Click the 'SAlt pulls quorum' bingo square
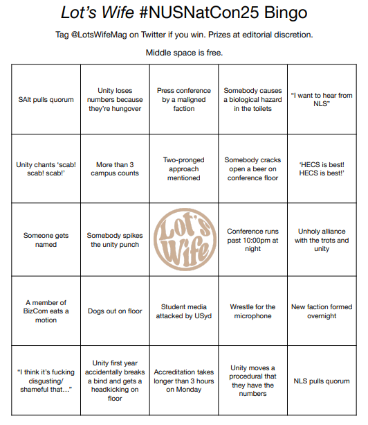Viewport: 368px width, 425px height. (x=47, y=100)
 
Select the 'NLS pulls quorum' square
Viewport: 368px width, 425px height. (x=322, y=381)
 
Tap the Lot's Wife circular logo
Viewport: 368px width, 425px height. (x=184, y=240)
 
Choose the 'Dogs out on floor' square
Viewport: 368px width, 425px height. (x=115, y=311)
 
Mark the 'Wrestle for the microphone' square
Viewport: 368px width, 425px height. (x=252, y=311)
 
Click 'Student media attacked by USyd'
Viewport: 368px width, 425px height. (x=184, y=311)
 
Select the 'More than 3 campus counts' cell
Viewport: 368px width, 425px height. (x=115, y=169)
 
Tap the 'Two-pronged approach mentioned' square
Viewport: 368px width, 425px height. (x=184, y=169)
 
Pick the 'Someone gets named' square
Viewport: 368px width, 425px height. (x=47, y=240)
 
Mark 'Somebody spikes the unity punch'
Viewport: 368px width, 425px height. (x=115, y=240)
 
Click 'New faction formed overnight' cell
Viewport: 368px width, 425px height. (x=322, y=311)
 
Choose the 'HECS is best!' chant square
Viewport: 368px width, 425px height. (x=322, y=169)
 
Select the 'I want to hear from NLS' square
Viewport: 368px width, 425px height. (x=322, y=100)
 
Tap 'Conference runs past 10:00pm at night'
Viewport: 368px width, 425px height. (x=252, y=240)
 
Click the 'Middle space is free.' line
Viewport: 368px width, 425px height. (x=183, y=53)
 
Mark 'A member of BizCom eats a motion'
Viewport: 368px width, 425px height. (x=47, y=311)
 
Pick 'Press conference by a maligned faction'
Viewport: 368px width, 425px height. (x=184, y=100)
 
